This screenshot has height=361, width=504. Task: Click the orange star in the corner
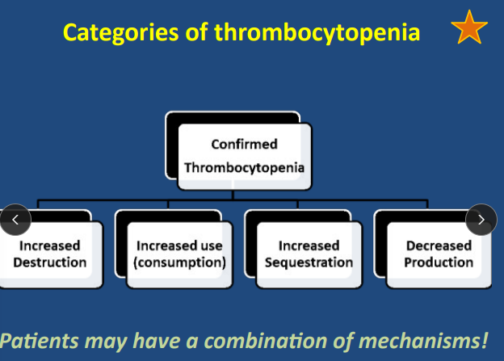[469, 29]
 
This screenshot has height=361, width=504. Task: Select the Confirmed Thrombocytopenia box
[244, 156]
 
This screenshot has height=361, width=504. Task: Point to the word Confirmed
[244, 145]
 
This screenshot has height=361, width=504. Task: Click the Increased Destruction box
[50, 254]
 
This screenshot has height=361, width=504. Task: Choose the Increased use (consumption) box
[179, 254]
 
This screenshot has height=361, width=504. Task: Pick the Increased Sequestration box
[309, 254]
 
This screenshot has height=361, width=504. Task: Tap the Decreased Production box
[439, 254]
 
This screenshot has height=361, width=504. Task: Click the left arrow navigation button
[15, 219]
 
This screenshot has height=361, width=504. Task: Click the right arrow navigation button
[481, 219]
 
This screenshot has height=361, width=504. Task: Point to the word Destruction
[50, 262]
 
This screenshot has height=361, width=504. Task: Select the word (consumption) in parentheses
[179, 262]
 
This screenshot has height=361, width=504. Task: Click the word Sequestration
[309, 262]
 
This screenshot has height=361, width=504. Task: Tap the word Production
[439, 262]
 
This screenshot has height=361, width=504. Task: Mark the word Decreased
[439, 246]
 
